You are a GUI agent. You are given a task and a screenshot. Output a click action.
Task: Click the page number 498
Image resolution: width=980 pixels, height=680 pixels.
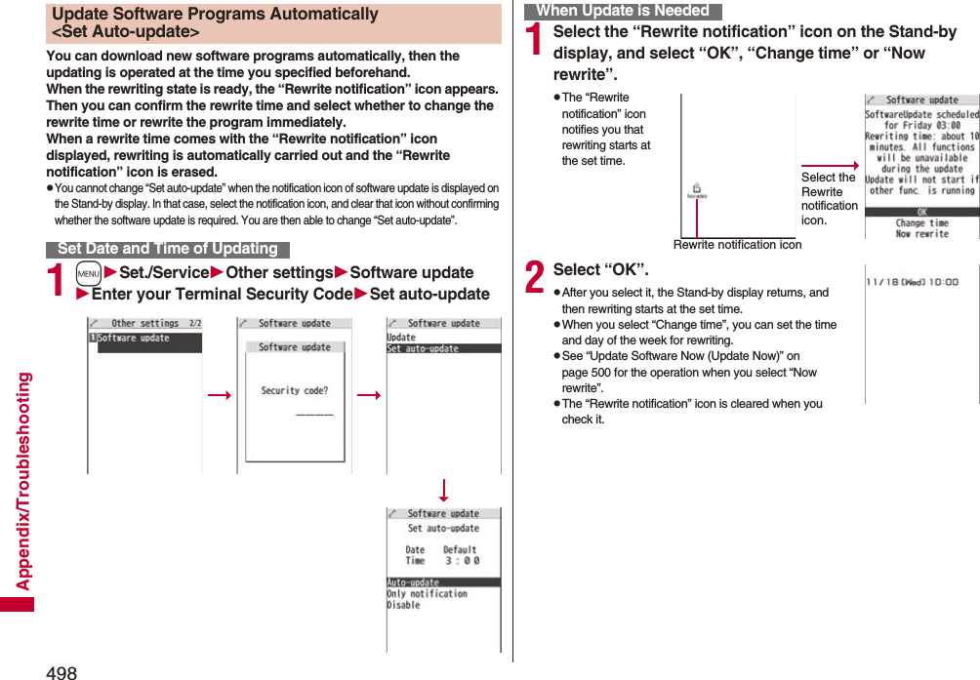click(x=61, y=671)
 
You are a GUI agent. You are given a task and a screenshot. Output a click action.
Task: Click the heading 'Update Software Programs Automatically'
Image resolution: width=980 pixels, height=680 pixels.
click(x=215, y=15)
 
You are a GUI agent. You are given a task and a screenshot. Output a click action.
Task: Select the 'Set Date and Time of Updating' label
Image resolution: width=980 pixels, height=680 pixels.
click(x=168, y=249)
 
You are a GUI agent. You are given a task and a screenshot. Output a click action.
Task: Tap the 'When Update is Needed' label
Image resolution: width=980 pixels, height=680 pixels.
click(x=623, y=11)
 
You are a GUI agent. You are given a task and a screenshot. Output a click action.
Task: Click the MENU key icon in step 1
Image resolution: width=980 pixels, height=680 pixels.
click(x=88, y=273)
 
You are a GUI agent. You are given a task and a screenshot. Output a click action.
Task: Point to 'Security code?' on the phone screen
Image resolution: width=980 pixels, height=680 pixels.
click(x=294, y=390)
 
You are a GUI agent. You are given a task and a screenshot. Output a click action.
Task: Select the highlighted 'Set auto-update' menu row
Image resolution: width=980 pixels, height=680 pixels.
click(x=443, y=348)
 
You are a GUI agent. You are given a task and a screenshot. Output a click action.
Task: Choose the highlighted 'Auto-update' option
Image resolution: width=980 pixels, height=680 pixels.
click(x=443, y=582)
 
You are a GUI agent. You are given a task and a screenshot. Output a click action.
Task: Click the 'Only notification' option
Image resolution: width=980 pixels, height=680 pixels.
click(x=427, y=593)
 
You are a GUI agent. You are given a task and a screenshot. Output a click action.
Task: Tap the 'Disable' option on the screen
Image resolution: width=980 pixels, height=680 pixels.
click(x=403, y=605)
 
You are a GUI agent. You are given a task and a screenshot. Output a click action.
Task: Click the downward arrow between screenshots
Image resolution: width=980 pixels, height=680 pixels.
click(x=443, y=490)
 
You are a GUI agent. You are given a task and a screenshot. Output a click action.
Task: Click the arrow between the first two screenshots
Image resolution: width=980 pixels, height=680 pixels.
click(x=219, y=394)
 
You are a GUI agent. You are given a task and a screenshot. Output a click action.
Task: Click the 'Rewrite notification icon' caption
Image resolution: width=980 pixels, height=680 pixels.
click(x=737, y=245)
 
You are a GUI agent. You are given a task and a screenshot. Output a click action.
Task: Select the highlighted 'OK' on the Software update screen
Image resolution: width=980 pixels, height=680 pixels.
click(x=921, y=212)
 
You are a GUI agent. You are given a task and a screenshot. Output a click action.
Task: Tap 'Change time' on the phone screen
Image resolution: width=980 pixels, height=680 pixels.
click(x=921, y=223)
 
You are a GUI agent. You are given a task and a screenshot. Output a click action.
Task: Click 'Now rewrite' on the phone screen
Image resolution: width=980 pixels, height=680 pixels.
click(x=921, y=234)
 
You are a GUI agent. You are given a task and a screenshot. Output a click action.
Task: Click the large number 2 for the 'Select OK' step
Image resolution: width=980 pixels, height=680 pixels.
click(x=535, y=277)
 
